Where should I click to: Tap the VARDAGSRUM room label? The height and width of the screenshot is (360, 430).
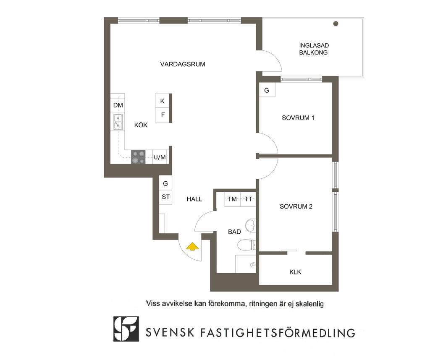[183, 64]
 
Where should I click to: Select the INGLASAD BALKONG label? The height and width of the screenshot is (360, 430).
[314, 49]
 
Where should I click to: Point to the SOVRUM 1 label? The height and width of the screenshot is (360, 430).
[298, 118]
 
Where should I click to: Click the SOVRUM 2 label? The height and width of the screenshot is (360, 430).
[296, 206]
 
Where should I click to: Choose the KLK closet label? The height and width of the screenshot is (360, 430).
[295, 272]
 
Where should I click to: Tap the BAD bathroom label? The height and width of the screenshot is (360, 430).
[234, 232]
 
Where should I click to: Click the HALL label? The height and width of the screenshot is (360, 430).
[194, 199]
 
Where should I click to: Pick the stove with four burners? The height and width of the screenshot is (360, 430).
[138, 157]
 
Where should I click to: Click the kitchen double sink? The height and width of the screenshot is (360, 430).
[118, 122]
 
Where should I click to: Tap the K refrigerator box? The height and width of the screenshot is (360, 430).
[162, 101]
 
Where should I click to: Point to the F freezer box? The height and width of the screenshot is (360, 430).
[162, 115]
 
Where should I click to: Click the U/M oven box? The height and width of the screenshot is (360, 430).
[160, 157]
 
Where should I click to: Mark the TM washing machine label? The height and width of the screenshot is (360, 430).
[232, 199]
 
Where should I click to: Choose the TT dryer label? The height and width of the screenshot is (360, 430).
[249, 199]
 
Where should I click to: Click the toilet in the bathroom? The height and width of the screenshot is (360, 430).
[247, 245]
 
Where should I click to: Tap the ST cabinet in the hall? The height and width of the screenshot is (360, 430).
[165, 197]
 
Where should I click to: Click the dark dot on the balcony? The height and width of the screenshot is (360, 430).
[336, 23]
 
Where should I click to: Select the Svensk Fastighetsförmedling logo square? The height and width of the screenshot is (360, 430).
[126, 329]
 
